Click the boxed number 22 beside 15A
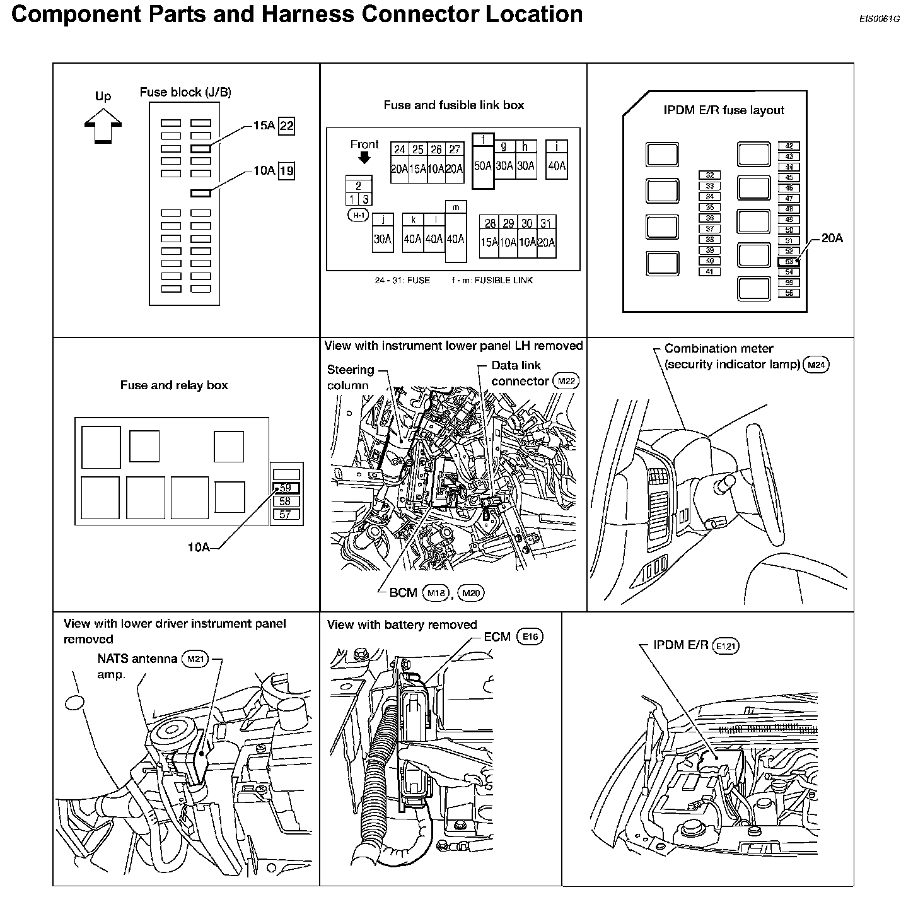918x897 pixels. pos(286,126)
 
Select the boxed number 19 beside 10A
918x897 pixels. pos(286,170)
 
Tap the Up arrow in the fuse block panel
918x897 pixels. pos(103,126)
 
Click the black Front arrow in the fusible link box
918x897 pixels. pos(364,158)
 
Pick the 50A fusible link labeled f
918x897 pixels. pos(482,166)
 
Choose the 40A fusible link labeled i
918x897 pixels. pos(557,166)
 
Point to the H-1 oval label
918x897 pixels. pos(359,215)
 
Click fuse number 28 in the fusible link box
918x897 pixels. pos(489,223)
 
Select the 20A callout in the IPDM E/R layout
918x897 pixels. pos(832,238)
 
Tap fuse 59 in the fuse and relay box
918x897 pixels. pos(286,488)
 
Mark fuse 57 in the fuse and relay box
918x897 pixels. pos(286,514)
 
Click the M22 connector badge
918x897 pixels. pos(565,381)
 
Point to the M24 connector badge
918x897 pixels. pos(816,365)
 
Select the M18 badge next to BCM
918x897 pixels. pos(436,592)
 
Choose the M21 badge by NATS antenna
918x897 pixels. pos(194,659)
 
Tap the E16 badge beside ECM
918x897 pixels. pos(530,637)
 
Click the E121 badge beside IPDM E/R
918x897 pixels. pos(726,646)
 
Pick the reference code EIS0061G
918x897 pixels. pos(879,18)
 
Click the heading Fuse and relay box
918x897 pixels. pos(174,385)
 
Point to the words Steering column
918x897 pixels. pos(350,377)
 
